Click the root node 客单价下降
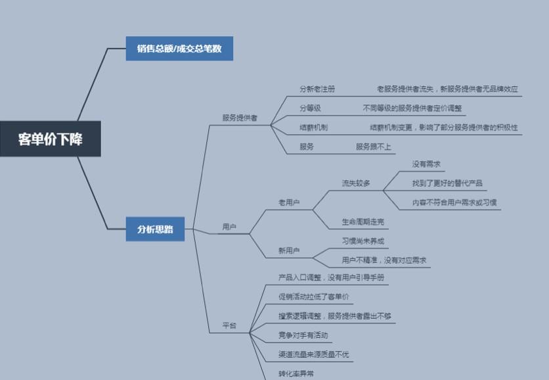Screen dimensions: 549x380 click(51, 139)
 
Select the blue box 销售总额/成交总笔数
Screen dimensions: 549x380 click(179, 49)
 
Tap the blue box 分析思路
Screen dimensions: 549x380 click(155, 229)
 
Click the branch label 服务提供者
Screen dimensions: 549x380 click(240, 118)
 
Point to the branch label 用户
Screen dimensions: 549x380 click(229, 227)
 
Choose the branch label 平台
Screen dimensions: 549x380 click(229, 325)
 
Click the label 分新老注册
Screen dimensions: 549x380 click(317, 89)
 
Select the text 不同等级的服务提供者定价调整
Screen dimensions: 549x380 click(412, 108)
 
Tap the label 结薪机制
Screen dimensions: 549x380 click(314, 128)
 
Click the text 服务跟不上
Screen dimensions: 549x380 click(373, 147)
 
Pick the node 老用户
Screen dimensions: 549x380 click(289, 202)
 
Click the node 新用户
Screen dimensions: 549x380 click(289, 250)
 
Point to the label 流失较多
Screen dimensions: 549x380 click(356, 183)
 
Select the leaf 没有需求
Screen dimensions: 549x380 click(426, 164)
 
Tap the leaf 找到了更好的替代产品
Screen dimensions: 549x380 click(447, 183)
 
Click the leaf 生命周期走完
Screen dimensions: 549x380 click(362, 222)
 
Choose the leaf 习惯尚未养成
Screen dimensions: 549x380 click(362, 241)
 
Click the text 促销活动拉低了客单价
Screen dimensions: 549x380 click(314, 297)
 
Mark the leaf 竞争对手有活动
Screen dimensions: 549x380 click(303, 335)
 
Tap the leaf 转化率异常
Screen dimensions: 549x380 click(296, 373)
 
